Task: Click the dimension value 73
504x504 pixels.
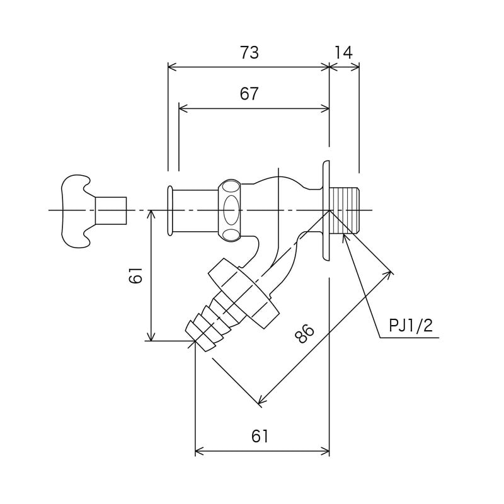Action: [249, 53]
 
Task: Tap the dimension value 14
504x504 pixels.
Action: [343, 53]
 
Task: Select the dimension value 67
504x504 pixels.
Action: [249, 93]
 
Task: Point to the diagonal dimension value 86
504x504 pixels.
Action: [304, 334]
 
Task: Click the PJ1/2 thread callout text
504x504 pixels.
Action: [411, 326]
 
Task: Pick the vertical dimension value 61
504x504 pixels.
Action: [135, 275]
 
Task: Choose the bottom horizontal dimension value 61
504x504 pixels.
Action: [260, 436]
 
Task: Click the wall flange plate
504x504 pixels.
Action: [326, 210]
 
